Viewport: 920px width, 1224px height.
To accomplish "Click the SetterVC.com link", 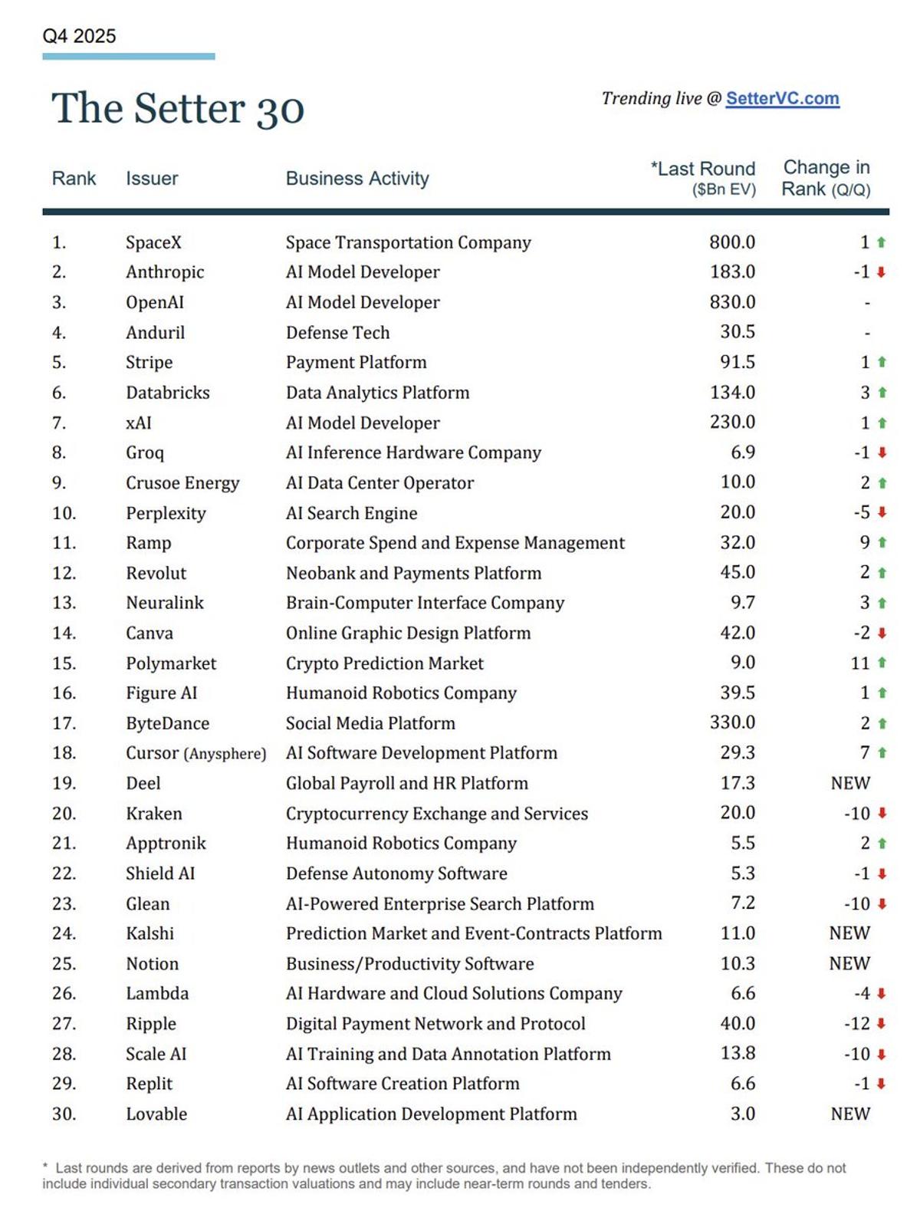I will click(782, 99).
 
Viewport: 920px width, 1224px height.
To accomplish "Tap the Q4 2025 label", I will click(79, 36).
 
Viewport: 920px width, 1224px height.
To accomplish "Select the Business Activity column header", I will click(357, 179).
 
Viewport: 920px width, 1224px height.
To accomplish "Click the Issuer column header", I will click(152, 179).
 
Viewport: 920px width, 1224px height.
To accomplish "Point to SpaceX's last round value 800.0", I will click(731, 242).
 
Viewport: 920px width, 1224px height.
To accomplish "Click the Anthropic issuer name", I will click(165, 272).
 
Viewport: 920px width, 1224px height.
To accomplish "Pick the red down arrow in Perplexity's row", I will click(882, 512).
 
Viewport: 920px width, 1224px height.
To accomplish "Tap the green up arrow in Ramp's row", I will click(882, 543).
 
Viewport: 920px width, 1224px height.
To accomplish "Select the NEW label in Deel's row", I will click(850, 783).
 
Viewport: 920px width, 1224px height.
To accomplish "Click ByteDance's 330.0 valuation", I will click(731, 722).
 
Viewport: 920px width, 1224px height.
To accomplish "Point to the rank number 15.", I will click(64, 663).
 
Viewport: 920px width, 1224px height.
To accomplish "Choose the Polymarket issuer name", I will click(171, 663).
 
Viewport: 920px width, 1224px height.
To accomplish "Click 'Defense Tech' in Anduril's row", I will click(337, 333).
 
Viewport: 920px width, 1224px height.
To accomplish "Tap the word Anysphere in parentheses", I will click(225, 754).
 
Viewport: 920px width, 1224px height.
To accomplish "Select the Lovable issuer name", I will click(156, 1114).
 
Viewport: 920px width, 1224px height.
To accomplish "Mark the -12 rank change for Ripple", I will click(856, 1024).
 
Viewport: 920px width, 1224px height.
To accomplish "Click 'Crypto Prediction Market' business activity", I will click(384, 663).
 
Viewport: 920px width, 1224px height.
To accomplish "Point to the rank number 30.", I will click(64, 1114).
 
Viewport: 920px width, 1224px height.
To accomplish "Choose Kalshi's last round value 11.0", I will click(738, 933).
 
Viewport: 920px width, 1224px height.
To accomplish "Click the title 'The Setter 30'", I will click(178, 108).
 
